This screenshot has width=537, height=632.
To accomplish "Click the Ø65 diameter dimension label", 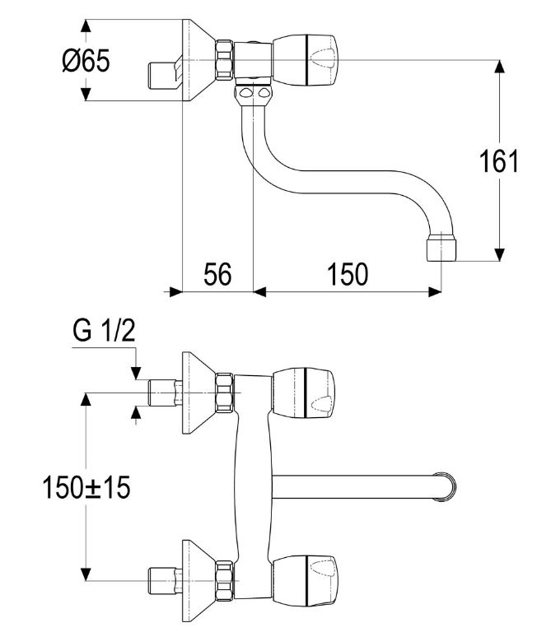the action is [86, 60].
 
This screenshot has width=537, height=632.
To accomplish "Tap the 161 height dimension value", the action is [498, 160].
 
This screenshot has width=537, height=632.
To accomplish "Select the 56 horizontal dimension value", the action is [217, 274].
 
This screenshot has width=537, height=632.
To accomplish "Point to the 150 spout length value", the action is [348, 274].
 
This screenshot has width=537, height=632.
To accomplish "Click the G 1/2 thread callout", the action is [103, 330].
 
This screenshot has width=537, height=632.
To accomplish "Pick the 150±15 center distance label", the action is [86, 487].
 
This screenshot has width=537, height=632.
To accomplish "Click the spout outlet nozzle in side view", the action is [441, 246].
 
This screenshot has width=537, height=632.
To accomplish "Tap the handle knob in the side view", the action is [305, 60].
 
